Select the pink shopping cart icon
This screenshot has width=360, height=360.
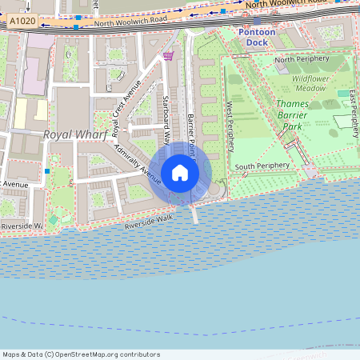pyautogui.click(x=168, y=55)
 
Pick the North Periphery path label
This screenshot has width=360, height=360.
pyautogui.click(x=302, y=59)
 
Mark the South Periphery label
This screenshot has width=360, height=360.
pyautogui.click(x=261, y=166)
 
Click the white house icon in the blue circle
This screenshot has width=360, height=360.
pyautogui.click(x=180, y=173)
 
